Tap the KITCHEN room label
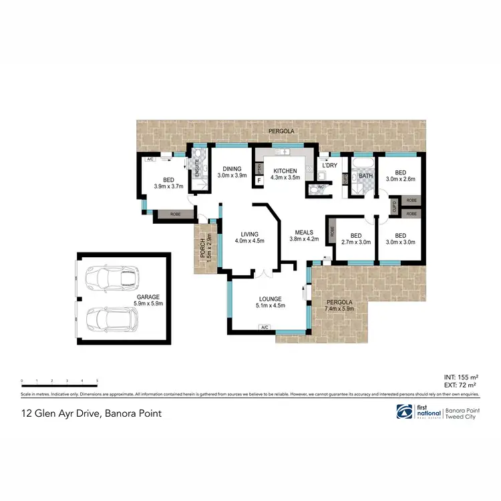pos(285,171)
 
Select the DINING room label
pos(232,170)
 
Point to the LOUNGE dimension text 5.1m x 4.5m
pos(271,306)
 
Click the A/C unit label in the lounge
pos(265,327)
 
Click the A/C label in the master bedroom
pos(150,160)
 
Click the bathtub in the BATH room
pos(362,164)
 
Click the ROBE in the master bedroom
pos(174,215)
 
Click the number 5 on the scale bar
pos(98,380)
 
